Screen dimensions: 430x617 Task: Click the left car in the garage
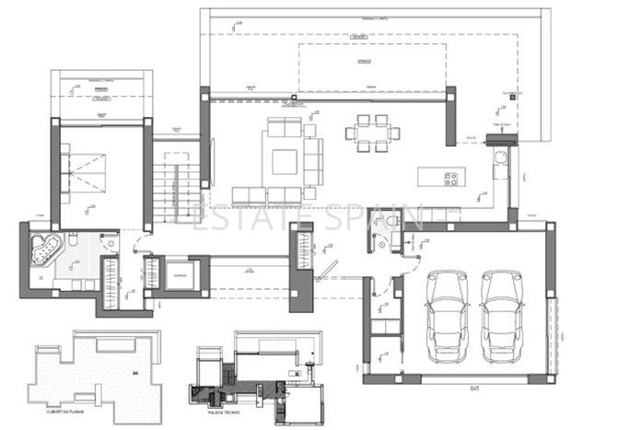[445, 314]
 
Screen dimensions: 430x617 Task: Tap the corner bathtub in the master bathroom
[42, 248]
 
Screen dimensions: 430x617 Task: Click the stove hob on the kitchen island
[453, 178]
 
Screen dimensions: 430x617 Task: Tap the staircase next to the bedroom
[174, 183]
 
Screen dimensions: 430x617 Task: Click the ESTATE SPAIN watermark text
[297, 217]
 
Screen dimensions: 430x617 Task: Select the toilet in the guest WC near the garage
[394, 223]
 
